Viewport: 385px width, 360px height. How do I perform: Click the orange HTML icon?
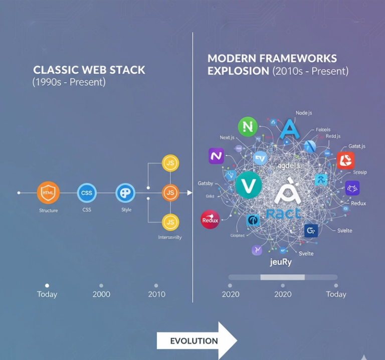click(48, 193)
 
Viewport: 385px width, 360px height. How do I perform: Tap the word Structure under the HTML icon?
click(48, 211)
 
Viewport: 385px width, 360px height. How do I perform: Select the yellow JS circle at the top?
click(170, 163)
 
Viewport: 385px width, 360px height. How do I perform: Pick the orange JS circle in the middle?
click(170, 193)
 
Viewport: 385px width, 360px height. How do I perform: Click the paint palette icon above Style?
click(125, 193)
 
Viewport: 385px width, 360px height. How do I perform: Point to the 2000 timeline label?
click(101, 294)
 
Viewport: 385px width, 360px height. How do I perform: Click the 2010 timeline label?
click(156, 294)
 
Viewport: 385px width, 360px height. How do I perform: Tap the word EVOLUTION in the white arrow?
click(194, 341)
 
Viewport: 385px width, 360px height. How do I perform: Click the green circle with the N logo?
click(247, 126)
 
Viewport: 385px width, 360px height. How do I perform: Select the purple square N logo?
click(217, 156)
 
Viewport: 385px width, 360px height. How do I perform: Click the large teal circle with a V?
click(249, 185)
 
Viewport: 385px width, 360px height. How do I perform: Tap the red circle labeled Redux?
click(210, 219)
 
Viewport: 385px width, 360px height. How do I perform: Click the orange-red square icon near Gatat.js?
click(345, 160)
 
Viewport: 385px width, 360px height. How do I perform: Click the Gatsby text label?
click(206, 184)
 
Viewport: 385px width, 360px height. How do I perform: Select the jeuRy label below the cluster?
click(281, 262)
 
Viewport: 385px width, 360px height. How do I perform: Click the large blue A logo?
click(289, 129)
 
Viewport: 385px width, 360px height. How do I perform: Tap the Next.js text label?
click(228, 137)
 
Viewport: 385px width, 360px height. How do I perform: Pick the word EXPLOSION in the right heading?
click(238, 71)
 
